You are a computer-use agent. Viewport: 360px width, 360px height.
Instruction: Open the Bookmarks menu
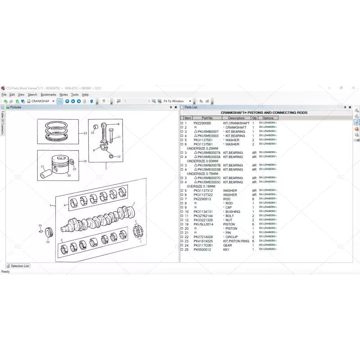[48, 94]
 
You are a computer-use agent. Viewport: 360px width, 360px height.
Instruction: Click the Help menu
[85, 94]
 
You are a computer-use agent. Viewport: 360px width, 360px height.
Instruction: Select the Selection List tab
[19, 266]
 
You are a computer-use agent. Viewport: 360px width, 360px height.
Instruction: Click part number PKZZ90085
[202, 123]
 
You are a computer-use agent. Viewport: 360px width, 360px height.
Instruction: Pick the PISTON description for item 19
[229, 224]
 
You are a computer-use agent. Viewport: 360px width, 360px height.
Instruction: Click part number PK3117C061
[203, 245]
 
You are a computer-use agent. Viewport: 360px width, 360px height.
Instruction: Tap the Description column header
[236, 118]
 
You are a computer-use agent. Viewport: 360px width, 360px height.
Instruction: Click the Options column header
[268, 118]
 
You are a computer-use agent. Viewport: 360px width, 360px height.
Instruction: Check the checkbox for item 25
[182, 249]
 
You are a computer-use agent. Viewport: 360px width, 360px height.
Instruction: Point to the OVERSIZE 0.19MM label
[201, 186]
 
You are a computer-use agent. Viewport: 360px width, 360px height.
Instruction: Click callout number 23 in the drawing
[85, 134]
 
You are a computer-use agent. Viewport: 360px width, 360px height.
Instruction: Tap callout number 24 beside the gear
[48, 241]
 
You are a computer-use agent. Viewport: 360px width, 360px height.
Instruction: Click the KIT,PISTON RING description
[236, 241]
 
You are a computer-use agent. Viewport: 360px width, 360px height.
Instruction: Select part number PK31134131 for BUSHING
[203, 211]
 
